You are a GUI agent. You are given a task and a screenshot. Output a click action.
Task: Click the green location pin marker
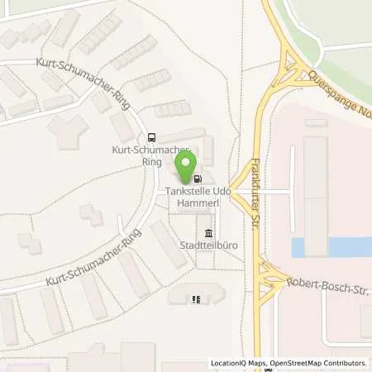pos(188,161)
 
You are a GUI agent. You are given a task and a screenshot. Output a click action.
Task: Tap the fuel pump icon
pos(198,177)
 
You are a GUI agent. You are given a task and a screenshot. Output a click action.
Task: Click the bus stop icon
pos(150,138)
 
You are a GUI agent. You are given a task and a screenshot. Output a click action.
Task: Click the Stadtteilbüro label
pos(203,246)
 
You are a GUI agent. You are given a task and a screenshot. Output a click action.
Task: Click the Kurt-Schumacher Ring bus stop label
pos(145,155)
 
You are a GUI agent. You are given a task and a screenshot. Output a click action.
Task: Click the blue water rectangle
pos(331,246)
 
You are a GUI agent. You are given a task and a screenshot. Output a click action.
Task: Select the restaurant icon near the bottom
pos(196,300)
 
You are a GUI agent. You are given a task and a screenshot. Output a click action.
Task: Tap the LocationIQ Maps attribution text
pos(237,363)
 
